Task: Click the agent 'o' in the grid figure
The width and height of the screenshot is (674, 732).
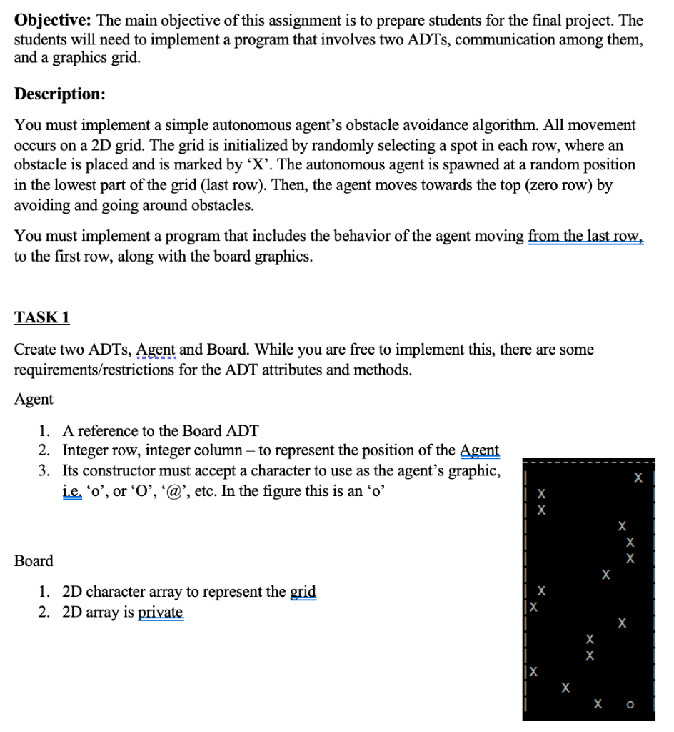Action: tap(630, 705)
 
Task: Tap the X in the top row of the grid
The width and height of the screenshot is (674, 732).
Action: tap(638, 477)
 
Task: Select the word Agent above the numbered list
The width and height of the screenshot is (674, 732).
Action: tap(34, 399)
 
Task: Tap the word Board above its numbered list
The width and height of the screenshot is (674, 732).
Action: tap(34, 561)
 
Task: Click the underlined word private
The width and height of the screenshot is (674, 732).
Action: tap(160, 613)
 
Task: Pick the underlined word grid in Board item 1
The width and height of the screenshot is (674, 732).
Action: tap(303, 592)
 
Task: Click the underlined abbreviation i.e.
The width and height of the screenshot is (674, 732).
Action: tap(72, 492)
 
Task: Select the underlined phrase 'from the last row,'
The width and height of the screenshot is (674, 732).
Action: tap(585, 237)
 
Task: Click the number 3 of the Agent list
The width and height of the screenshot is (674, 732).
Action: tap(44, 471)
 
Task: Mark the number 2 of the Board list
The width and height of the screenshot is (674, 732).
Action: tap(44, 613)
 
